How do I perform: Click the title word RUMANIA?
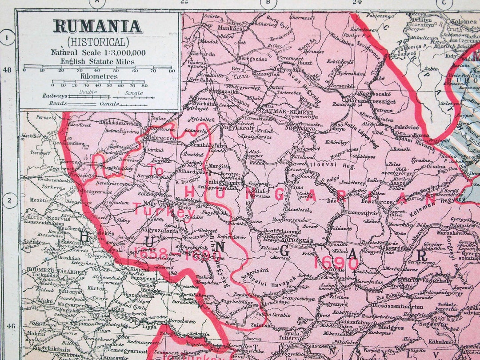click(x=98, y=26)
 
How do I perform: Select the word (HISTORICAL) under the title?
click(x=98, y=42)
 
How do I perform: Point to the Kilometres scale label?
click(x=99, y=76)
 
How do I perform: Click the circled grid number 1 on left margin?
click(x=7, y=37)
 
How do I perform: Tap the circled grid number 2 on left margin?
click(x=9, y=201)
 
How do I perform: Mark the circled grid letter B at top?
click(x=268, y=3)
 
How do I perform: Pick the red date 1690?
click(x=336, y=262)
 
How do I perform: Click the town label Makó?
click(x=46, y=300)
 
